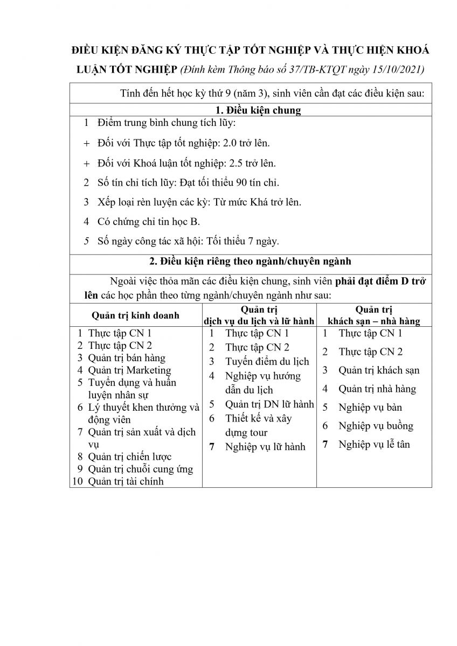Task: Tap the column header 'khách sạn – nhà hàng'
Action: [374, 321]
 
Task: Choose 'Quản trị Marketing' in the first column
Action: [129, 370]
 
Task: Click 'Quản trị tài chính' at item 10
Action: [126, 481]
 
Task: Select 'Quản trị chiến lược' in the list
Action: [128, 457]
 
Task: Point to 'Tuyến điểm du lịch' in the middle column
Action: [267, 361]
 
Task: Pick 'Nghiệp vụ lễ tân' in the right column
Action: [374, 444]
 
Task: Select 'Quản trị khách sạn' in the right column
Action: [379, 370]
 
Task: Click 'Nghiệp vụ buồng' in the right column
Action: [376, 426]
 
